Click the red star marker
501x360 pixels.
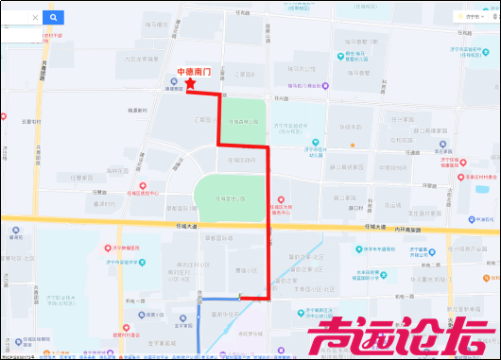190,84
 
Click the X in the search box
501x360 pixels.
35,17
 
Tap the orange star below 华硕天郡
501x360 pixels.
352,145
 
